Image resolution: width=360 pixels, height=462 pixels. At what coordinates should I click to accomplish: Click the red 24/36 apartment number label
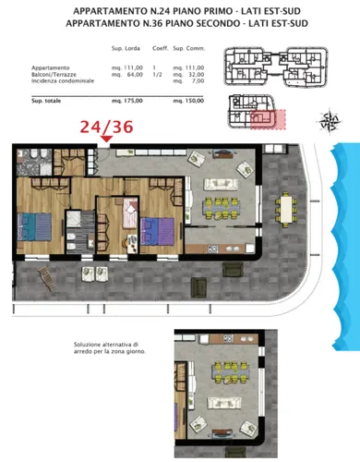[108, 124]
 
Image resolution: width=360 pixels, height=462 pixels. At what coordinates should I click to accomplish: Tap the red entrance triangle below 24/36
[108, 140]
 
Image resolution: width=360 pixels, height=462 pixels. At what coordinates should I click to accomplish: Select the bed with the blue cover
[37, 225]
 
